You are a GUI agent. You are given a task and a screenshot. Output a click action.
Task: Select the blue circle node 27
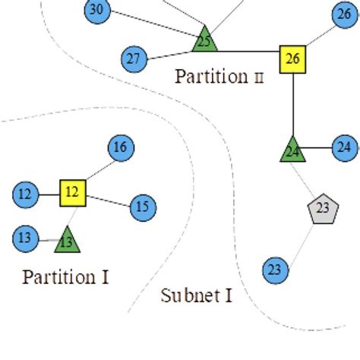click(134, 58)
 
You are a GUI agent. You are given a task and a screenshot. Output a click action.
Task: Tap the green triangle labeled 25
click(204, 41)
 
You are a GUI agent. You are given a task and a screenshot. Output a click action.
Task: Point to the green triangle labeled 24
click(292, 150)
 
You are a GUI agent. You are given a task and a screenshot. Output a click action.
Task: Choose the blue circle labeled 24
click(344, 147)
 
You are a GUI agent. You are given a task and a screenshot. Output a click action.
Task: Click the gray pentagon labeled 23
click(322, 208)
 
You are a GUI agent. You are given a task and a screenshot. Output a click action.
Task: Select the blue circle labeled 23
click(275, 270)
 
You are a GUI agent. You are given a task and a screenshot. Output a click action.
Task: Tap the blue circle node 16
click(119, 147)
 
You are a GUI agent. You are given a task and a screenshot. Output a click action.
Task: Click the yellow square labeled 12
click(72, 192)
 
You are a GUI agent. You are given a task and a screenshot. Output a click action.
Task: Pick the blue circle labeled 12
click(25, 194)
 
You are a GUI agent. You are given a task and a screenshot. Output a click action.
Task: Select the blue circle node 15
click(142, 207)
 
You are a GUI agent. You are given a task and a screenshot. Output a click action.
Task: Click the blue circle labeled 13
click(25, 238)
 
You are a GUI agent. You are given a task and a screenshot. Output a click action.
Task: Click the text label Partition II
click(219, 77)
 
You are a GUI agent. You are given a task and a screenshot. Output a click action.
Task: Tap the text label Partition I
click(65, 276)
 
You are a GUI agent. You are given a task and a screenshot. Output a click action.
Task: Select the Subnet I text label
click(196, 295)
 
